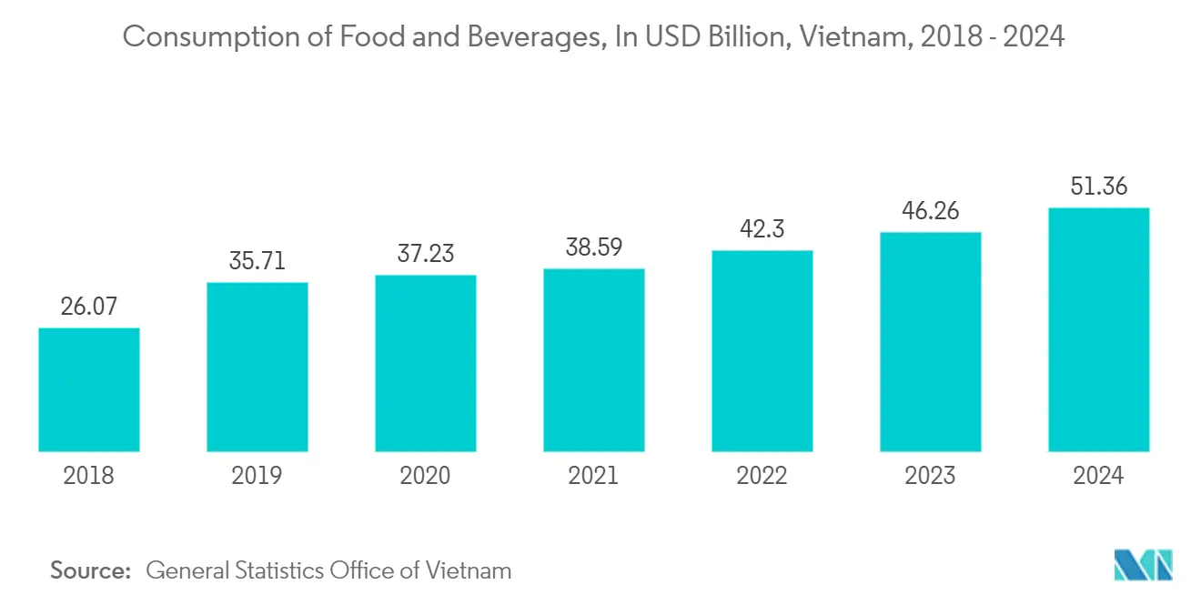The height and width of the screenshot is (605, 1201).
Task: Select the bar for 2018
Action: click(88, 389)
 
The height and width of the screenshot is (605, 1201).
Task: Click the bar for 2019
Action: click(257, 367)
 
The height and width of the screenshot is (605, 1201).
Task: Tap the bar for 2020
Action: click(425, 363)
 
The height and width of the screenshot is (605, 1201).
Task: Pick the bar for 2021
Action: click(594, 360)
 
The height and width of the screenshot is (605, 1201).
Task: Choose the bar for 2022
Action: click(762, 351)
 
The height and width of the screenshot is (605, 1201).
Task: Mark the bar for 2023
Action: click(930, 342)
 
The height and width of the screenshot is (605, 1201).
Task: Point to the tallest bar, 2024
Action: click(1098, 329)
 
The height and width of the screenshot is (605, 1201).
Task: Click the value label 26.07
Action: click(88, 307)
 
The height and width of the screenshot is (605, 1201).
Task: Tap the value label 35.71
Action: click(257, 261)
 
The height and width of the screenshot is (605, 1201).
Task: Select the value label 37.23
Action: click(425, 254)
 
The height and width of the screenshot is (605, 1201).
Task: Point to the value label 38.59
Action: click(594, 247)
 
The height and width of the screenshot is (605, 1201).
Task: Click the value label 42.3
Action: click(762, 229)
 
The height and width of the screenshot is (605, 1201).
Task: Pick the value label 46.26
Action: click(930, 211)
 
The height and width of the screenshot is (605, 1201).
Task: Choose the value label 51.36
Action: click(1098, 187)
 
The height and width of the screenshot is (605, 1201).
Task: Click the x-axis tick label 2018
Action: click(88, 475)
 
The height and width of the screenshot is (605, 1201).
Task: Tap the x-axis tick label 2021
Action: click(594, 475)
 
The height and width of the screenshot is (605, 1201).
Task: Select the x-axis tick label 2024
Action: click(1098, 475)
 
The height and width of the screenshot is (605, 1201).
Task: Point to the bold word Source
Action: click(90, 570)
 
